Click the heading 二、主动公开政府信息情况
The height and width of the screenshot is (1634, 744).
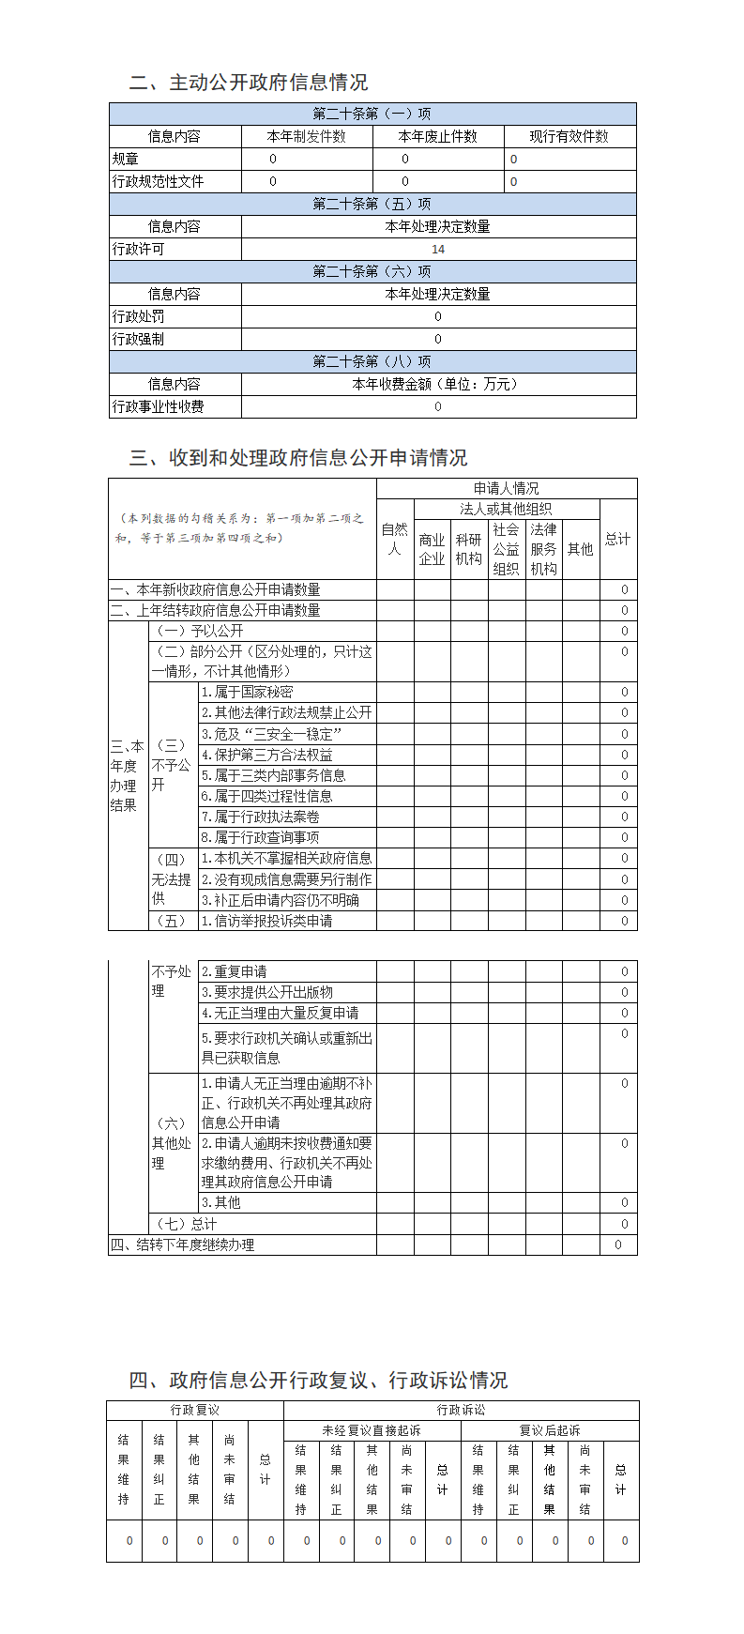tap(249, 83)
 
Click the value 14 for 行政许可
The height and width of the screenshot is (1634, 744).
tap(438, 250)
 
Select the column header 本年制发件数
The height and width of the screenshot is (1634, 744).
tap(307, 137)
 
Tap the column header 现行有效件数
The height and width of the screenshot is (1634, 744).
tap(569, 137)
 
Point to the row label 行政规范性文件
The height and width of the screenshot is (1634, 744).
tap(159, 182)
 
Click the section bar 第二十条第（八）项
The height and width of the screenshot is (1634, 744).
tap(372, 362)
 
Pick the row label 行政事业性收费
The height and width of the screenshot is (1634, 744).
tap(159, 407)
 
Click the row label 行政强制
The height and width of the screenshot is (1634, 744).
tap(139, 340)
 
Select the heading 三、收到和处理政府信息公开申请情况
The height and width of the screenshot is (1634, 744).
tap(298, 458)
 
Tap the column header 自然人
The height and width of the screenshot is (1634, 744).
tap(395, 540)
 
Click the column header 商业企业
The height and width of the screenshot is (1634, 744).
tap(432, 550)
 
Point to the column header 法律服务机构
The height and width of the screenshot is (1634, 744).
tap(543, 550)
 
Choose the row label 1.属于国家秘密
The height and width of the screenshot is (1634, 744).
tap(248, 693)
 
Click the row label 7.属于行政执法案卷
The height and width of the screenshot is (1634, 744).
tap(261, 817)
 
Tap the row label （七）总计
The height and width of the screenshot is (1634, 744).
tap(185, 1224)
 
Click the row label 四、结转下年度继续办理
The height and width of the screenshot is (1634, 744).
tap(183, 1245)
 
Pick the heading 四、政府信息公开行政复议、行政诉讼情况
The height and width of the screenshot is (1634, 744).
tap(318, 1381)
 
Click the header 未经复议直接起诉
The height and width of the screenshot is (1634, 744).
tap(372, 1431)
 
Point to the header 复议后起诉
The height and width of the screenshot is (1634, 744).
tap(550, 1431)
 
